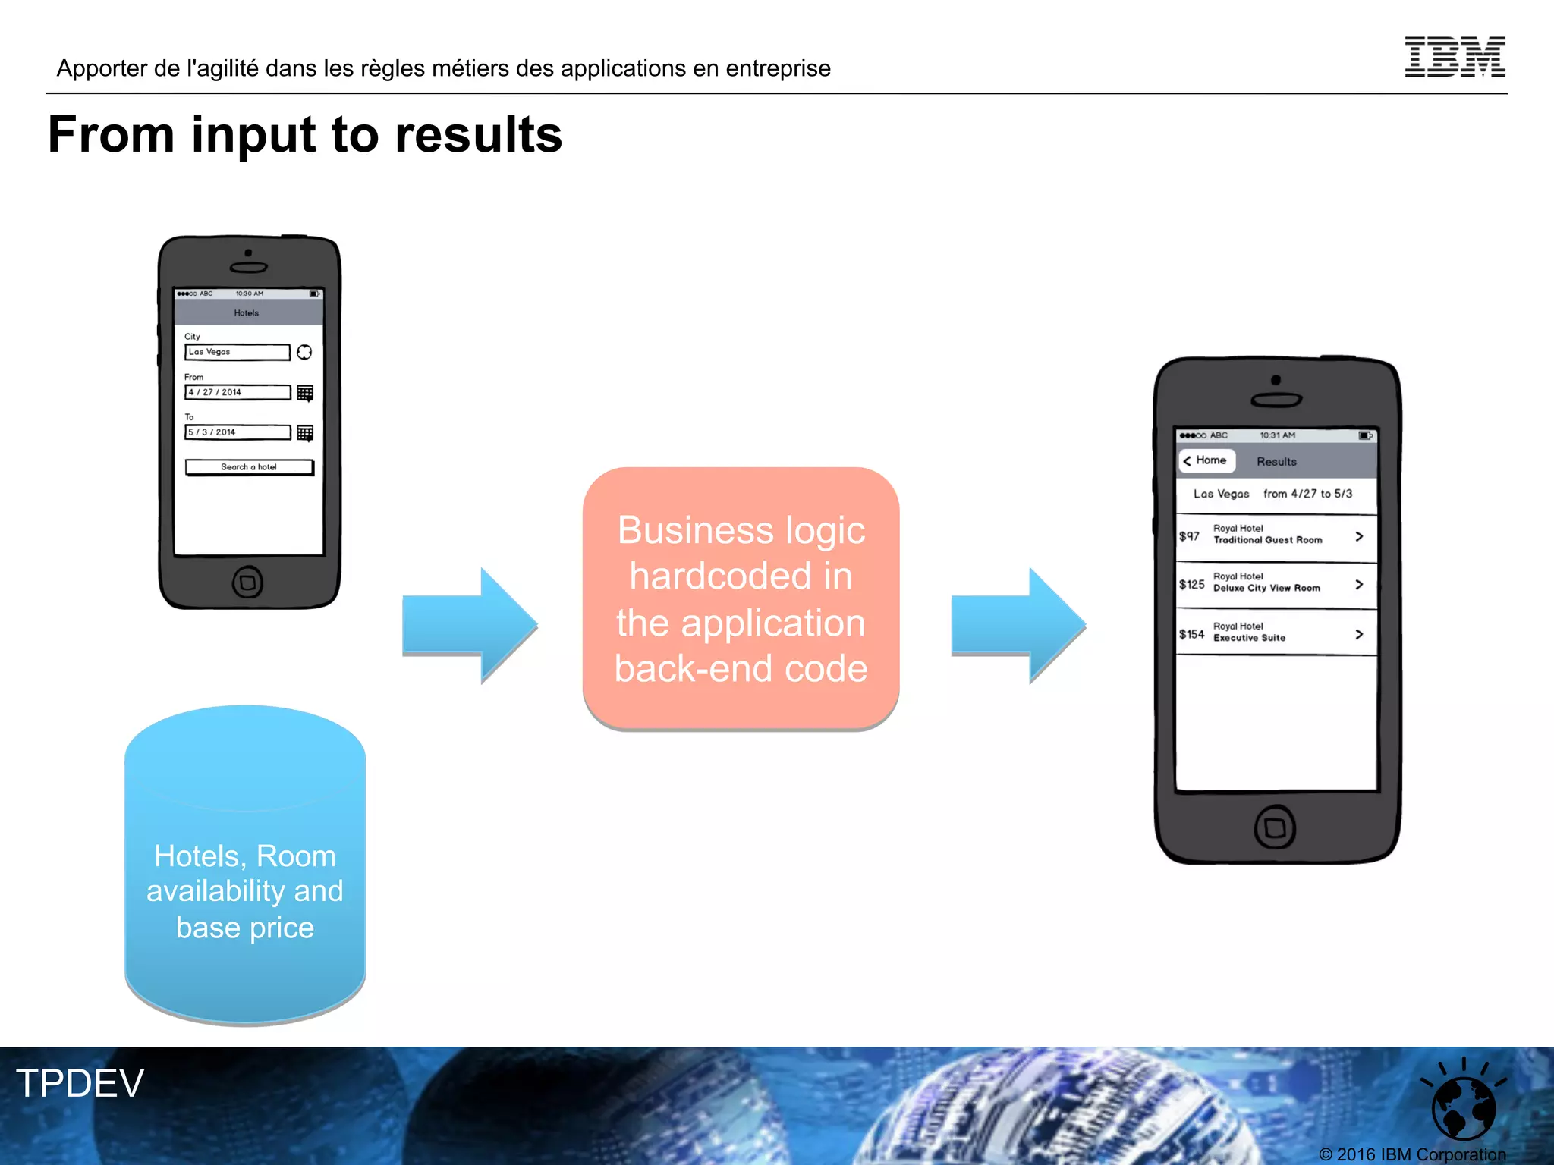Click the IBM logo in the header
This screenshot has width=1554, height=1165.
1455,57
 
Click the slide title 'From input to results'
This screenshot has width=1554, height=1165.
305,135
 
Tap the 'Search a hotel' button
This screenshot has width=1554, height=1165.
249,467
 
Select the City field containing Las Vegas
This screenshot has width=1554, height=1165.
238,352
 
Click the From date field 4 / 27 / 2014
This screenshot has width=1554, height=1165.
238,392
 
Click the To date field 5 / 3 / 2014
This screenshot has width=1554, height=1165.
238,432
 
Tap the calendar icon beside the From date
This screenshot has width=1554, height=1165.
305,393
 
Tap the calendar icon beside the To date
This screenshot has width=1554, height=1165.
305,433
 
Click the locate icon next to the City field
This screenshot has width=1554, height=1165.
304,352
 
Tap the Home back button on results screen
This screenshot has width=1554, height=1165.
1206,460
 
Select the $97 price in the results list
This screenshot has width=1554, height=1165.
1189,536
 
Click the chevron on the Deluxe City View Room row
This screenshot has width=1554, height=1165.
1359,585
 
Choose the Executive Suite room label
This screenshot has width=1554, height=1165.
1249,638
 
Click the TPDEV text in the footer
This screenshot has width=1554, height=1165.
80,1083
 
